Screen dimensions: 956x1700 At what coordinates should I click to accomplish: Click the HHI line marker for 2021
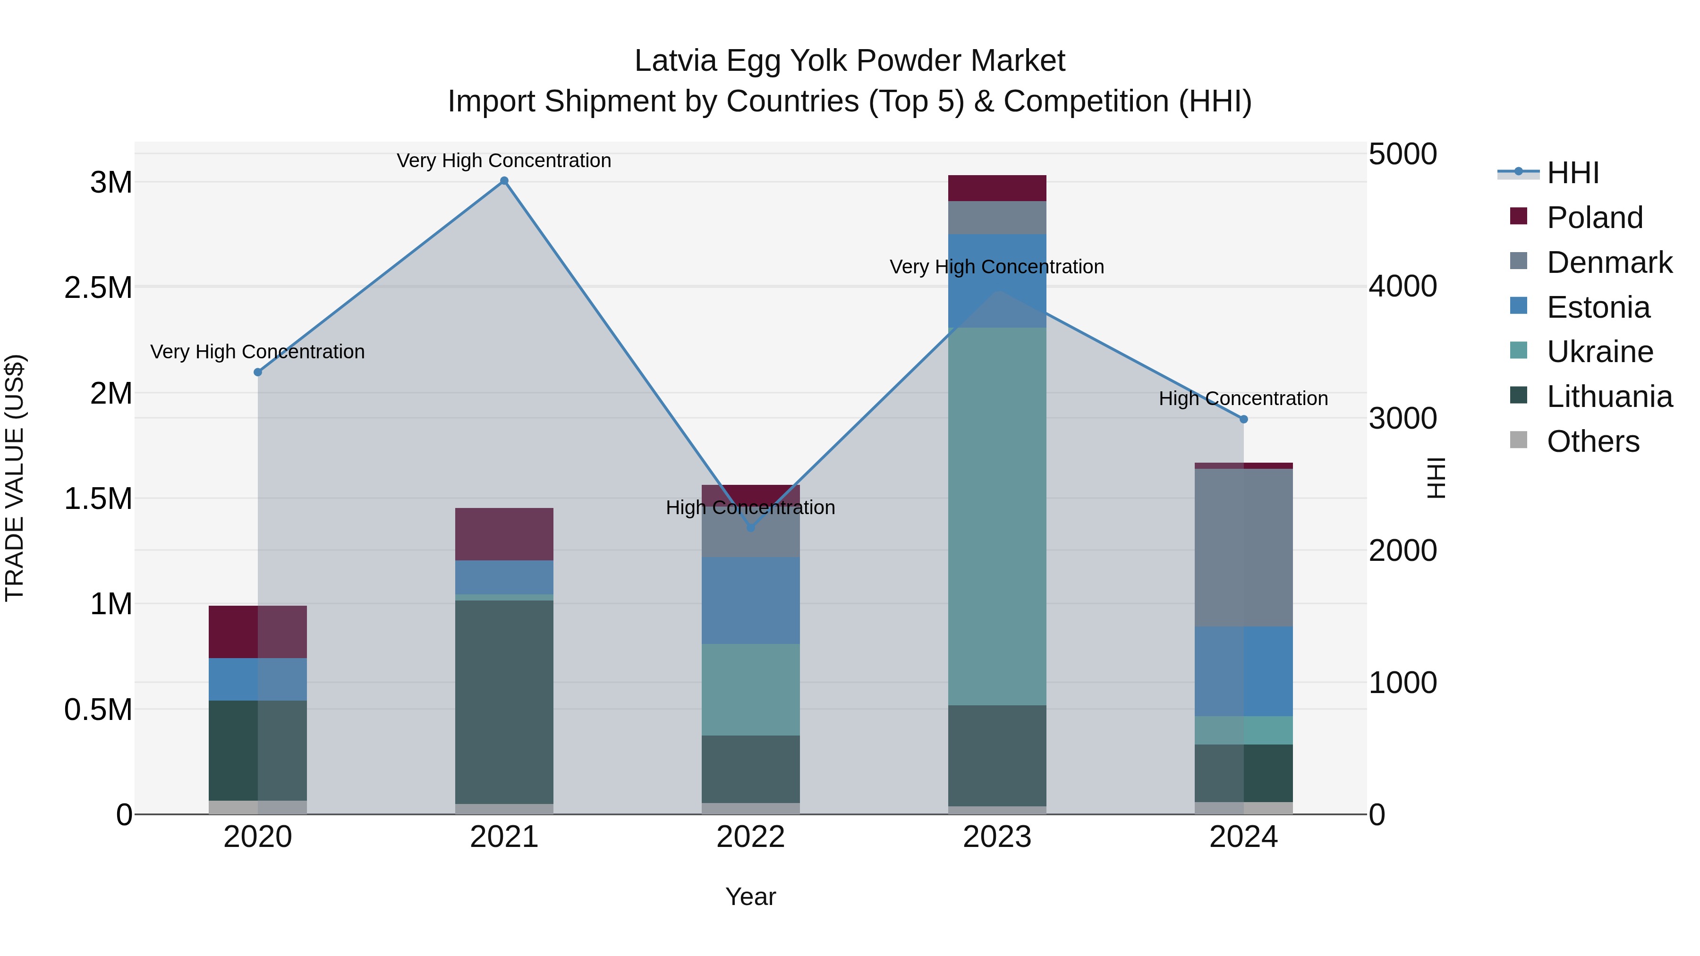coord(504,181)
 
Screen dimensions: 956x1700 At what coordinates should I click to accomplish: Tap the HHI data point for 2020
coord(258,372)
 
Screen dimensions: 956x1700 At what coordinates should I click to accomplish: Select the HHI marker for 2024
coord(1243,419)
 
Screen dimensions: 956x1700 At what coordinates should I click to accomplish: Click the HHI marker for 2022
coord(750,528)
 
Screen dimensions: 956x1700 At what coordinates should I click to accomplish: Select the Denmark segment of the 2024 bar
coord(1243,547)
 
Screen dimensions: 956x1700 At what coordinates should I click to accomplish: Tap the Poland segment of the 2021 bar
coord(504,534)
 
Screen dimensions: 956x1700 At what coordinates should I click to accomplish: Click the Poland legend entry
coord(1594,218)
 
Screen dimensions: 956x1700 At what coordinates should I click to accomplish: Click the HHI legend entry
coord(1572,173)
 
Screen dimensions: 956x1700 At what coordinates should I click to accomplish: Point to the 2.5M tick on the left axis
coord(98,288)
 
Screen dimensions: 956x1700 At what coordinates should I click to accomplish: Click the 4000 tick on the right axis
coord(1402,287)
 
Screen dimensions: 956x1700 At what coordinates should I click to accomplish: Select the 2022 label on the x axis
coord(750,837)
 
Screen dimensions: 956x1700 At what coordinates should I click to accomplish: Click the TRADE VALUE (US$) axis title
coord(15,478)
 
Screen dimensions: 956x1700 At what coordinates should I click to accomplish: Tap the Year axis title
coord(750,897)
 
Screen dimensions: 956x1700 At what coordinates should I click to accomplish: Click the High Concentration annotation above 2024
coord(1243,398)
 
